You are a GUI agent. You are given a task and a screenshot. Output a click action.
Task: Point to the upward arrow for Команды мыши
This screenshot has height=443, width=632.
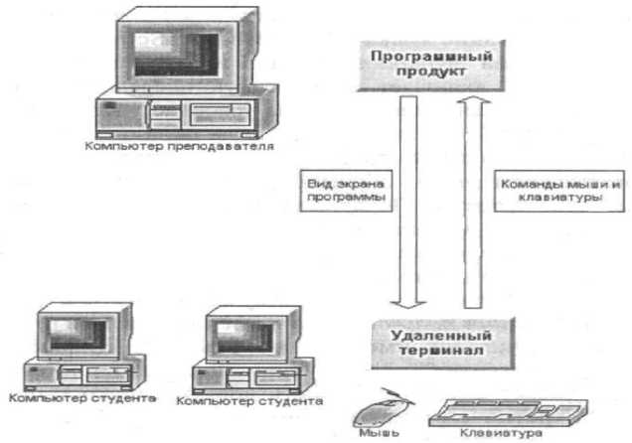tap(474, 199)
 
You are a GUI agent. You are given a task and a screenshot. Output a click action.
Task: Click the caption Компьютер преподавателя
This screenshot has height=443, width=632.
tap(179, 147)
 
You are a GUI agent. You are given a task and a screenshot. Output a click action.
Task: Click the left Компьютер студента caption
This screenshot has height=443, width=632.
tap(81, 399)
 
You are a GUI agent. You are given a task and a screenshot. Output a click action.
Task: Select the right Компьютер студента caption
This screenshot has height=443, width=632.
tap(250, 401)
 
